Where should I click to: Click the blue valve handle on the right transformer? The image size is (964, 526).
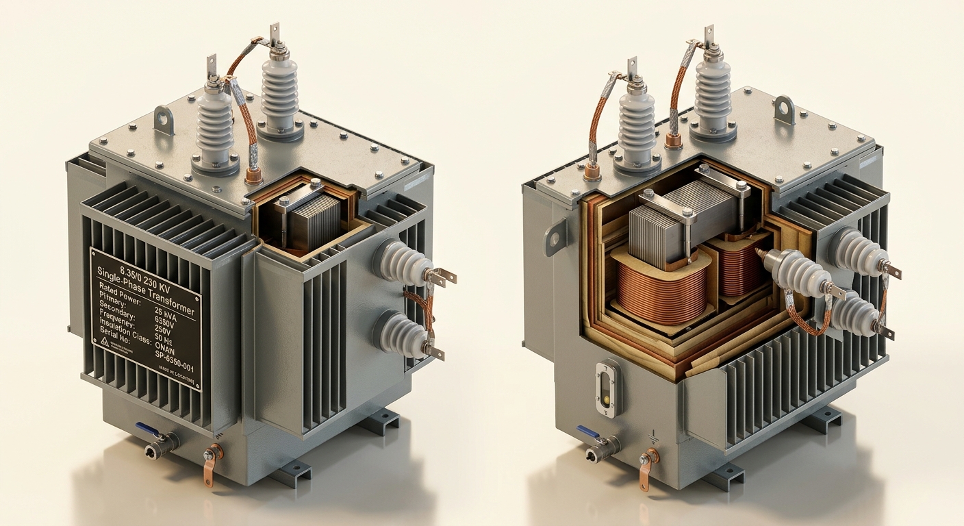pos(587,431)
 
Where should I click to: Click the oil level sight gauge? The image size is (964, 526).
pos(607,388)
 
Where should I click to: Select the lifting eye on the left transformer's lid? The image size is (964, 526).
pos(164,120)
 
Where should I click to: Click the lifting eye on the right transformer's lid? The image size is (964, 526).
pos(784,110)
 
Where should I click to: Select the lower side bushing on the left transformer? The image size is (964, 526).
pos(399,334)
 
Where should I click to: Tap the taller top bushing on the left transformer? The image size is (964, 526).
pos(281,89)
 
